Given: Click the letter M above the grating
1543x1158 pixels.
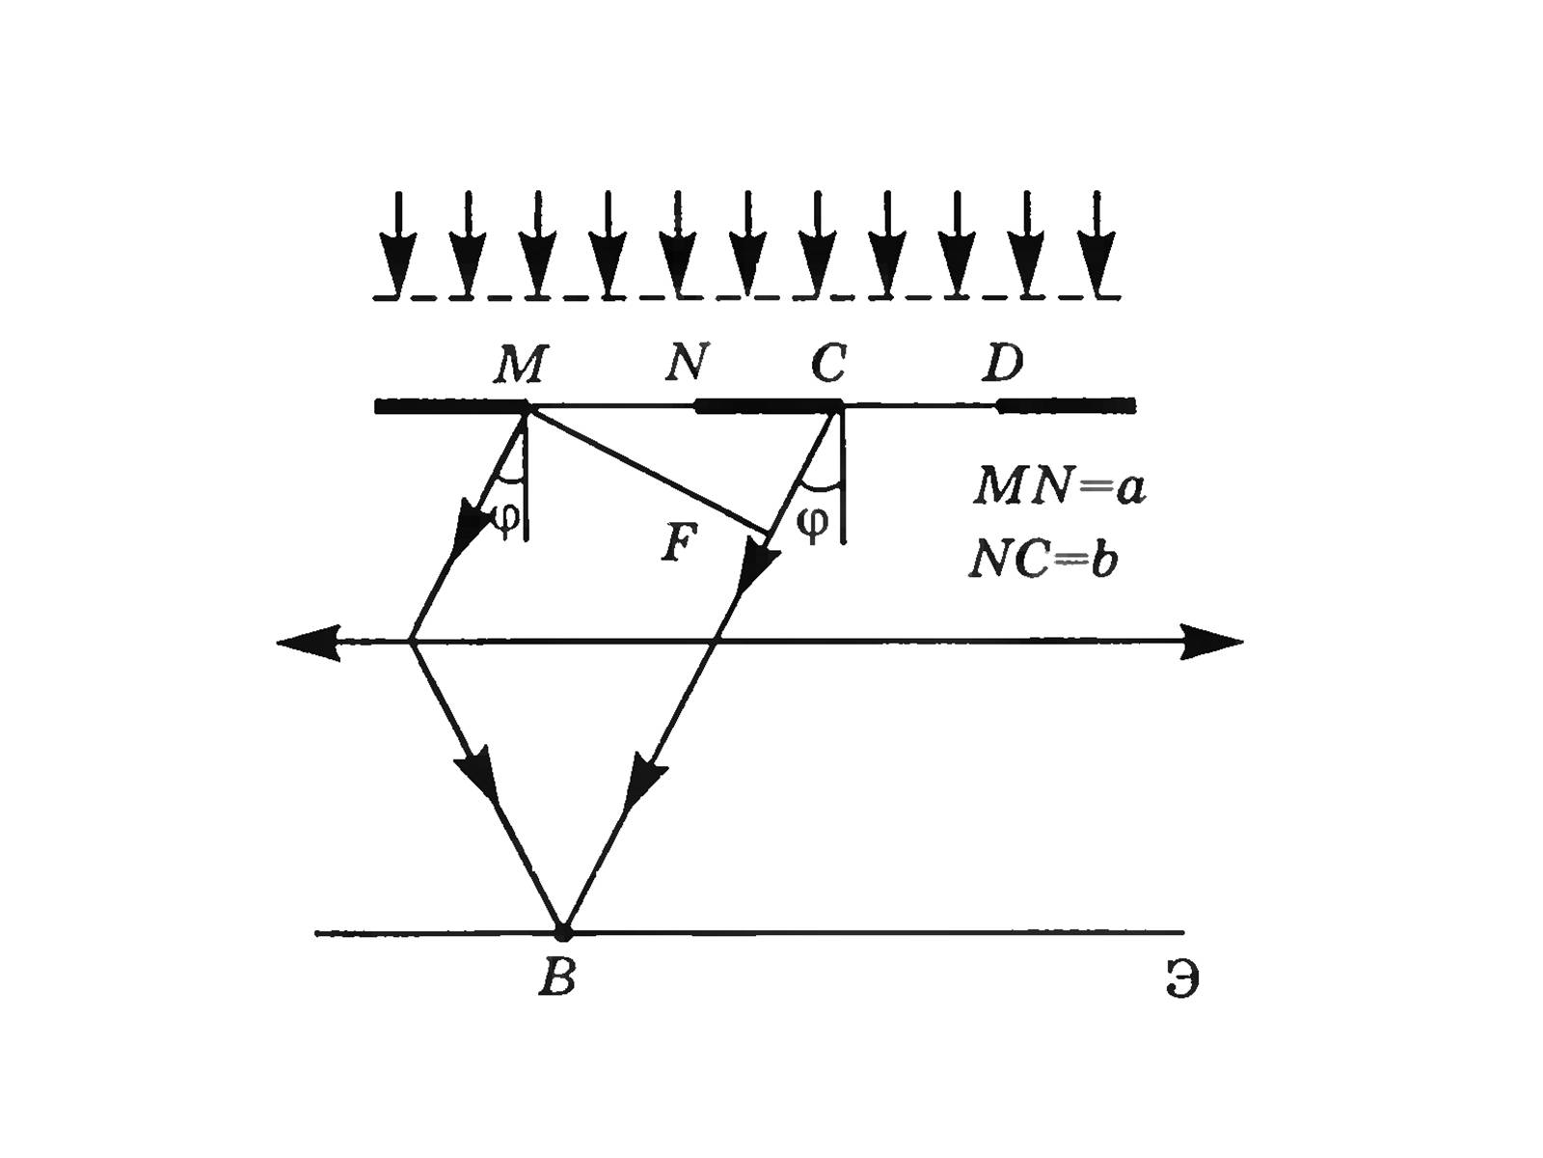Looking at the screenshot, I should point(522,365).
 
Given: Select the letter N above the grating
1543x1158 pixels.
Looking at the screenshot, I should point(688,363).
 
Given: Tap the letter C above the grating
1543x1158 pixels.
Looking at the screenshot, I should point(829,364).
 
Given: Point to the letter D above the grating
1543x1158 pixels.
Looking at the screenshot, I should point(1003,364).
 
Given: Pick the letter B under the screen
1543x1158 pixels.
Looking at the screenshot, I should point(557,979).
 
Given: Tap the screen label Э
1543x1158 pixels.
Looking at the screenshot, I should point(1180,980).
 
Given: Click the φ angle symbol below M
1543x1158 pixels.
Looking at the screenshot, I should point(506,516).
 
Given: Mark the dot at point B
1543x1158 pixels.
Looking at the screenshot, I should point(563,932).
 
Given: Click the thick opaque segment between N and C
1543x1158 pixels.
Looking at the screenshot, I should point(768,405).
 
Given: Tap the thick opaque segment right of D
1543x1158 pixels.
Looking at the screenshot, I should point(1066,405).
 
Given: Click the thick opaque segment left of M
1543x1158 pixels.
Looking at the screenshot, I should point(449,406).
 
